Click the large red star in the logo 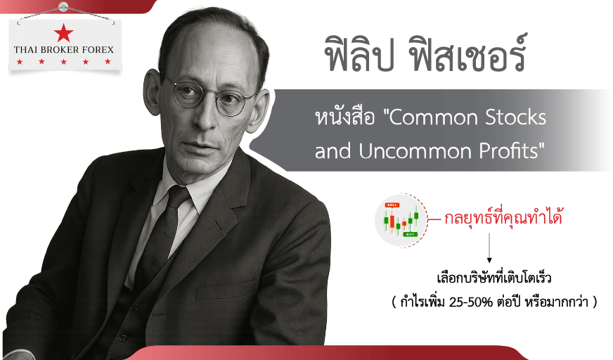tap(64, 33)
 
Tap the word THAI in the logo tap(23, 50)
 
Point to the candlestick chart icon tap(401, 220)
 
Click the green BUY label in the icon tap(410, 234)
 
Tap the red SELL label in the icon tap(392, 205)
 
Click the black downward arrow tap(489, 248)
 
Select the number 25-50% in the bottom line tap(471, 302)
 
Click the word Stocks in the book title tap(515, 117)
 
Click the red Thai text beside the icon tap(503, 217)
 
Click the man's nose tap(207, 117)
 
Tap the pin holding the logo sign tap(63, 6)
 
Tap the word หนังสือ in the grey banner tap(344, 117)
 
